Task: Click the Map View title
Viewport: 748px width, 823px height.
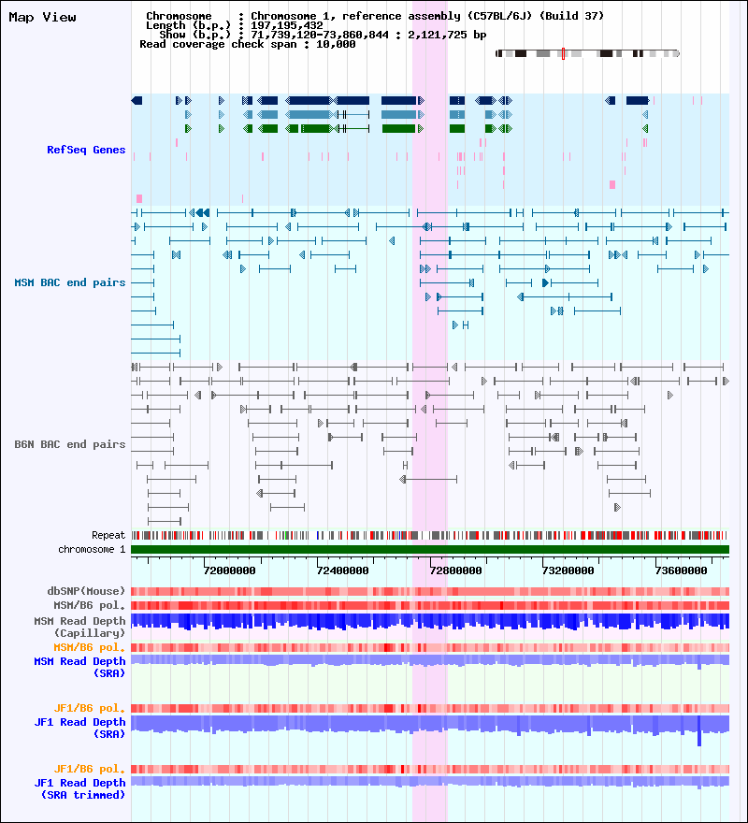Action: [x=42, y=17]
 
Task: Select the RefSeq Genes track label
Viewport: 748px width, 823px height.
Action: [x=86, y=150]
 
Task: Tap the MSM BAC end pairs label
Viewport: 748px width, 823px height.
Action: [x=70, y=282]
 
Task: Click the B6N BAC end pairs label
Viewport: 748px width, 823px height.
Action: [x=70, y=444]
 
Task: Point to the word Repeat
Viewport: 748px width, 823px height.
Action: [x=108, y=535]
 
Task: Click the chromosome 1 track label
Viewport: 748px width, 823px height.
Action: [x=92, y=549]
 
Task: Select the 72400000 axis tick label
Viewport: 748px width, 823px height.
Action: [x=342, y=570]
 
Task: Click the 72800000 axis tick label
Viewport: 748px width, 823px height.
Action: [x=455, y=570]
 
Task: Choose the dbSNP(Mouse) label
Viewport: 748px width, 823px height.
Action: [x=86, y=591]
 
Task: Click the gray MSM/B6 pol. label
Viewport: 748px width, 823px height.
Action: [x=92, y=605]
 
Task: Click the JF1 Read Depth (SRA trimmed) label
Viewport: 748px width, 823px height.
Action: [x=79, y=788]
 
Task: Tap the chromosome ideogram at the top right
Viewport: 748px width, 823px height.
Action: [x=587, y=53]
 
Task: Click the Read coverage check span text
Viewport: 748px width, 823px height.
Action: [x=248, y=44]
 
